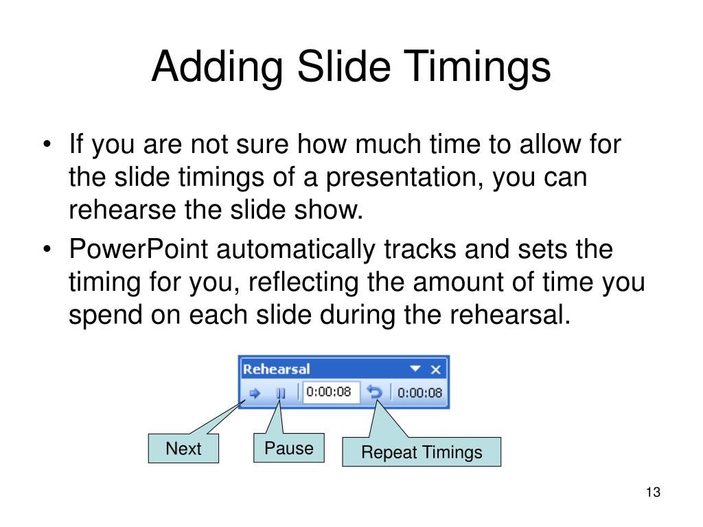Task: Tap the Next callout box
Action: pyautogui.click(x=183, y=449)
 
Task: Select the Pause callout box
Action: pyautogui.click(x=289, y=448)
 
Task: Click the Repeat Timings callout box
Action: pyautogui.click(x=422, y=452)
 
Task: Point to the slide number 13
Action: pyautogui.click(x=652, y=493)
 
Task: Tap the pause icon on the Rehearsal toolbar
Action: pyautogui.click(x=281, y=393)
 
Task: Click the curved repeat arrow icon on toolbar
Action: pyautogui.click(x=374, y=393)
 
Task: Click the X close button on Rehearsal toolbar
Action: pyautogui.click(x=435, y=369)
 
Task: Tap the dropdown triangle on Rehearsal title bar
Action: pyautogui.click(x=415, y=369)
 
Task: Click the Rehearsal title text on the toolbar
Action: pyautogui.click(x=277, y=369)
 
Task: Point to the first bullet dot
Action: pyautogui.click(x=47, y=145)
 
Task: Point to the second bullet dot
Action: pyautogui.click(x=47, y=250)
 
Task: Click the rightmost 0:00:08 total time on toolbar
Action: pyautogui.click(x=420, y=393)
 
